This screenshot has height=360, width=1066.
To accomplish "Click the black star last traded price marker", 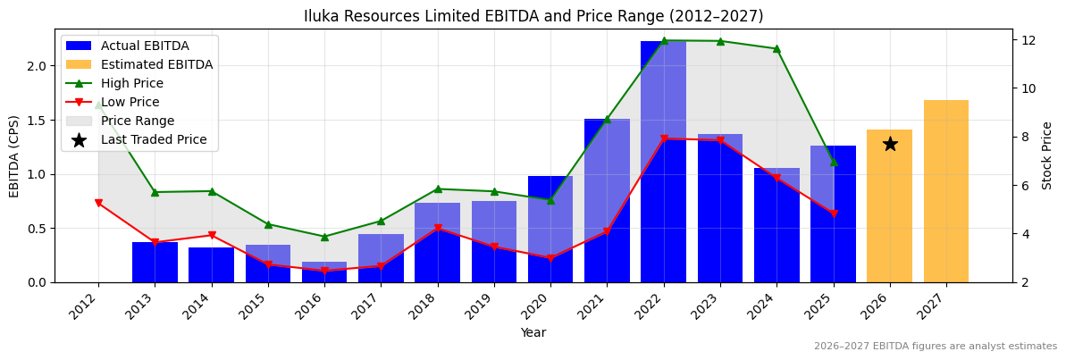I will click(x=890, y=144).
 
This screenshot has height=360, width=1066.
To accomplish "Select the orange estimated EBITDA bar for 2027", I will click(x=946, y=191).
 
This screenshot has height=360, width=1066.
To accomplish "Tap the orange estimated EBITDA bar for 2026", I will click(x=890, y=214).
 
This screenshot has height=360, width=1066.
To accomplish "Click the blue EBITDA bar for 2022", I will click(x=663, y=162).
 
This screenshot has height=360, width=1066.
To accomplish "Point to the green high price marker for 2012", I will click(x=98, y=105).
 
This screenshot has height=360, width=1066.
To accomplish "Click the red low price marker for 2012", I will click(x=98, y=203).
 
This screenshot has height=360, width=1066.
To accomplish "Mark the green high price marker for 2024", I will click(x=776, y=48).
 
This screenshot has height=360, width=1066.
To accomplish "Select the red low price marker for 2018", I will click(x=437, y=229).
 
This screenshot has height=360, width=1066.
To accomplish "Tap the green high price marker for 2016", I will click(x=324, y=237).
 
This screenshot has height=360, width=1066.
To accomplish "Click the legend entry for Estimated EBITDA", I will click(x=156, y=64).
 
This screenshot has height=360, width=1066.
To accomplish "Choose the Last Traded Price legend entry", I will click(x=154, y=139).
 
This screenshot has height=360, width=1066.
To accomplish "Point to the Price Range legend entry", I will click(x=138, y=121).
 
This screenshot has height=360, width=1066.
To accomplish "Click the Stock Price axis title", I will click(x=1047, y=155).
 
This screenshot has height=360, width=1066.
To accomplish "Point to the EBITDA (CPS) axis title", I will click(x=14, y=155).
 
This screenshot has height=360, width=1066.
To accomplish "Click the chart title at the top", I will click(x=533, y=16).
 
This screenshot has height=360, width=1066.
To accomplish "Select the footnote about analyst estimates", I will click(x=935, y=347).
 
